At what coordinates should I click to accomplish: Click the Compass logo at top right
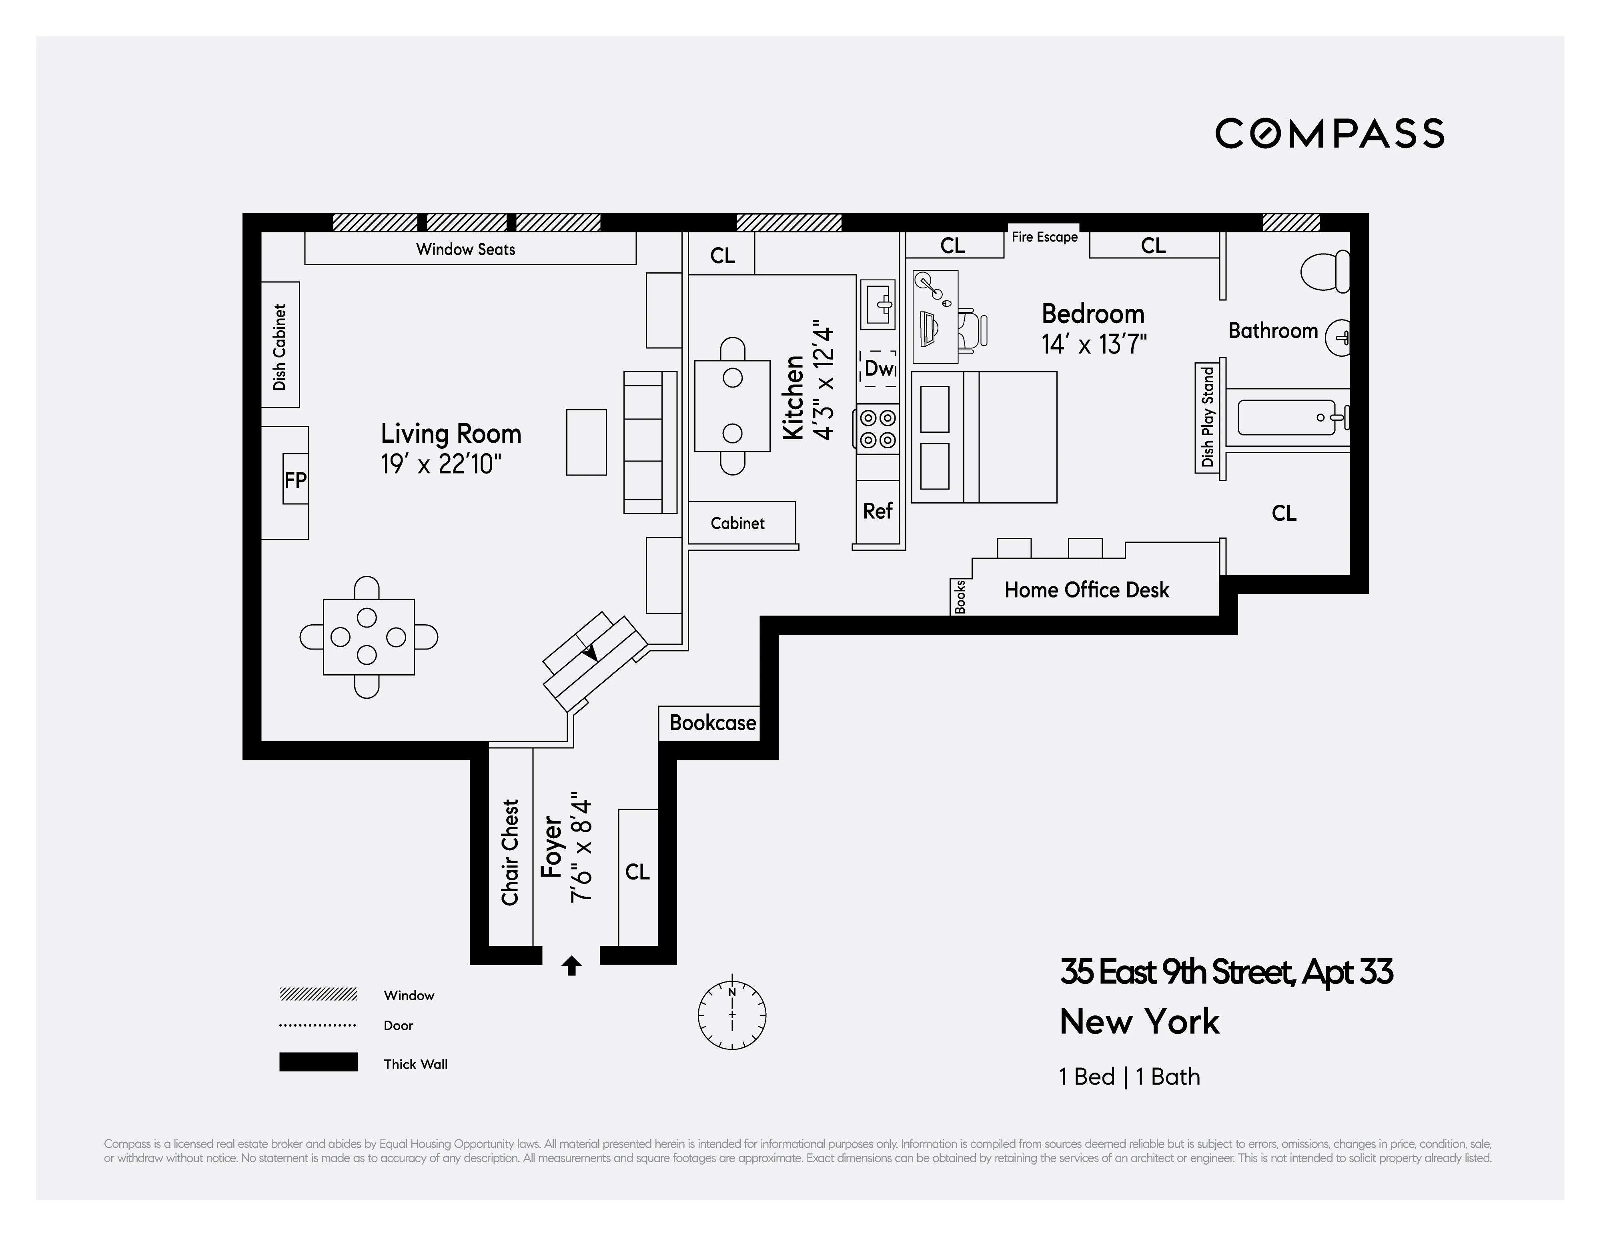click(1329, 133)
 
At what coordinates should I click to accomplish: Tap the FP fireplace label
click(295, 480)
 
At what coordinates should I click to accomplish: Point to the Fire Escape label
click(1044, 237)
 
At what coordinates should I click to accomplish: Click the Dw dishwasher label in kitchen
click(878, 369)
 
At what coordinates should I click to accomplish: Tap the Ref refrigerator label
click(878, 511)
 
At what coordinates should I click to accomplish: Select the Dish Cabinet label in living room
click(279, 347)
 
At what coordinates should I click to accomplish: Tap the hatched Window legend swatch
click(318, 994)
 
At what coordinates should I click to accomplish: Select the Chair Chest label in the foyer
click(510, 852)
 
